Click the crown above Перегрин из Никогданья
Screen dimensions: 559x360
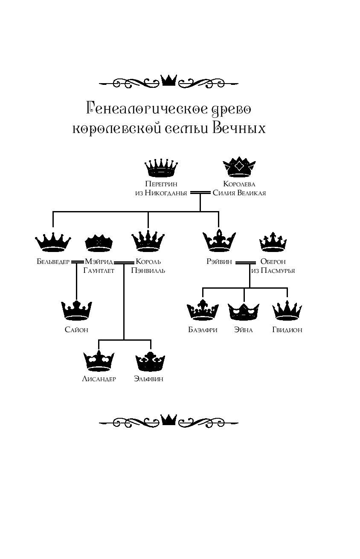(160, 168)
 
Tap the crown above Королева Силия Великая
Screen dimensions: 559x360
(239, 167)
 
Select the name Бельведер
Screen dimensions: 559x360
(53, 262)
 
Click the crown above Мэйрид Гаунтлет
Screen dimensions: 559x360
(99, 242)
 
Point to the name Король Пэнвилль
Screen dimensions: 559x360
(148, 266)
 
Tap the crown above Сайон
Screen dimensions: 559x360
(76, 310)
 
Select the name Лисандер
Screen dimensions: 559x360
(99, 379)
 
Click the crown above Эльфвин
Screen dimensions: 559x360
(150, 362)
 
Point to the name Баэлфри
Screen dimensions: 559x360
(203, 330)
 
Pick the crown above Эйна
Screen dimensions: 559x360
(244, 311)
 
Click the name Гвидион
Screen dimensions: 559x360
(287, 330)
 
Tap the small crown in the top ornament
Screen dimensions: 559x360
(168, 80)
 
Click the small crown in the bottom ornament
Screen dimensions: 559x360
(168, 420)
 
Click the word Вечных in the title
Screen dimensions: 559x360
(238, 128)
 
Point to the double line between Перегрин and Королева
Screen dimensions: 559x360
(200, 193)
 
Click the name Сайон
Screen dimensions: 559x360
(76, 330)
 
